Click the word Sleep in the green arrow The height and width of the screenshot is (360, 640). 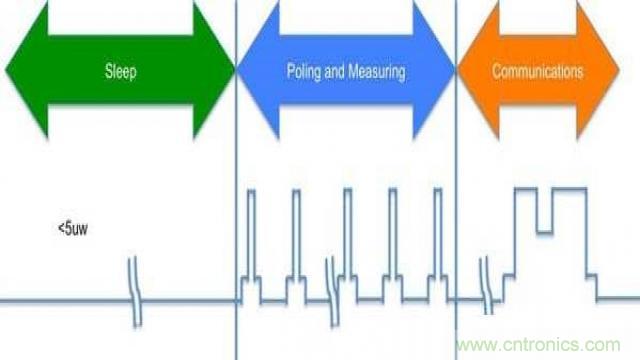(120, 71)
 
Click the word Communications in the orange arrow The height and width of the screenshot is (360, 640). (538, 71)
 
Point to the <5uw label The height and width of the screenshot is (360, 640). (73, 228)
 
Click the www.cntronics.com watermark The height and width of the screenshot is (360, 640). (538, 345)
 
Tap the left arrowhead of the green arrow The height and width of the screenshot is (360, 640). (27, 69)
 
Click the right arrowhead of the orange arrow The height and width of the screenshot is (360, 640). (598, 70)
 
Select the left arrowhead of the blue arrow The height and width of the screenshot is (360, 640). (258, 70)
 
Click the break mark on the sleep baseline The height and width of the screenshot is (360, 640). (135, 292)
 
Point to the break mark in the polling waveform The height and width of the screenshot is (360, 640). (333, 292)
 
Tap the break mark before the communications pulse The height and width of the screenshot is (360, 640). (486, 286)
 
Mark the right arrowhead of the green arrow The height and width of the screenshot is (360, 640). (214, 69)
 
